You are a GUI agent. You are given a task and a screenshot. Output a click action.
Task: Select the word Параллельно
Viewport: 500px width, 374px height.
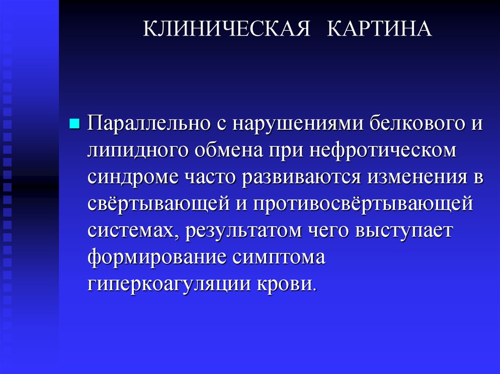pyautogui.click(x=146, y=124)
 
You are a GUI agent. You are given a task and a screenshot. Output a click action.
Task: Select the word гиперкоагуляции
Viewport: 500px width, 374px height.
pyautogui.click(x=168, y=284)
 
